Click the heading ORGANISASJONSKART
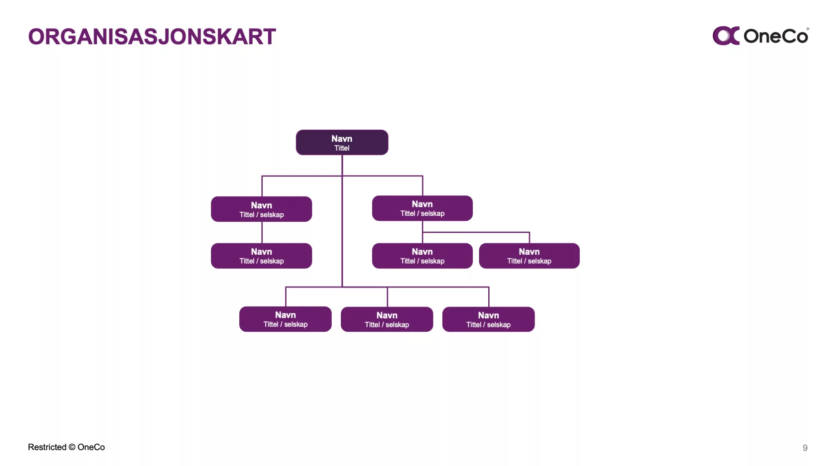click(x=152, y=36)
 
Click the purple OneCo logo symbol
click(x=726, y=36)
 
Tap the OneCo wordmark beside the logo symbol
click(x=776, y=36)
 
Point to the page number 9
click(x=805, y=448)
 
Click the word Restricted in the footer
click(x=47, y=447)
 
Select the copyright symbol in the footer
click(x=72, y=447)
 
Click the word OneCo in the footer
click(x=91, y=447)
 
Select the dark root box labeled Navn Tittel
click(x=342, y=142)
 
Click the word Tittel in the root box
click(x=342, y=148)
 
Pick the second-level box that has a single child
click(x=261, y=209)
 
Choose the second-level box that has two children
click(x=422, y=208)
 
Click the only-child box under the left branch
click(x=261, y=256)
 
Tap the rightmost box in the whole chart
click(x=529, y=256)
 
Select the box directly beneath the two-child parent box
click(x=422, y=256)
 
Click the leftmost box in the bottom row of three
click(x=285, y=319)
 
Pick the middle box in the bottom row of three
click(x=387, y=319)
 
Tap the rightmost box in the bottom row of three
click(x=488, y=319)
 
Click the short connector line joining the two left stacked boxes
click(x=262, y=232)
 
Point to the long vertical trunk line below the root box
click(x=342, y=221)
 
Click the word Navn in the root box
click(x=342, y=138)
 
